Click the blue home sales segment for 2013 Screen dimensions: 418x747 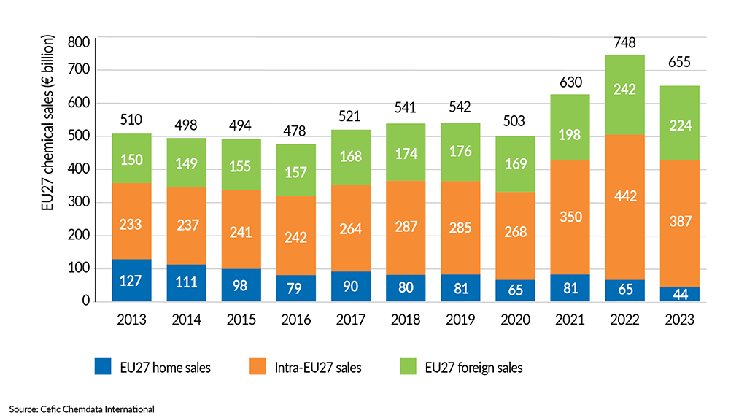[x=132, y=280]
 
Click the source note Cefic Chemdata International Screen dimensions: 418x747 [x=82, y=409]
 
